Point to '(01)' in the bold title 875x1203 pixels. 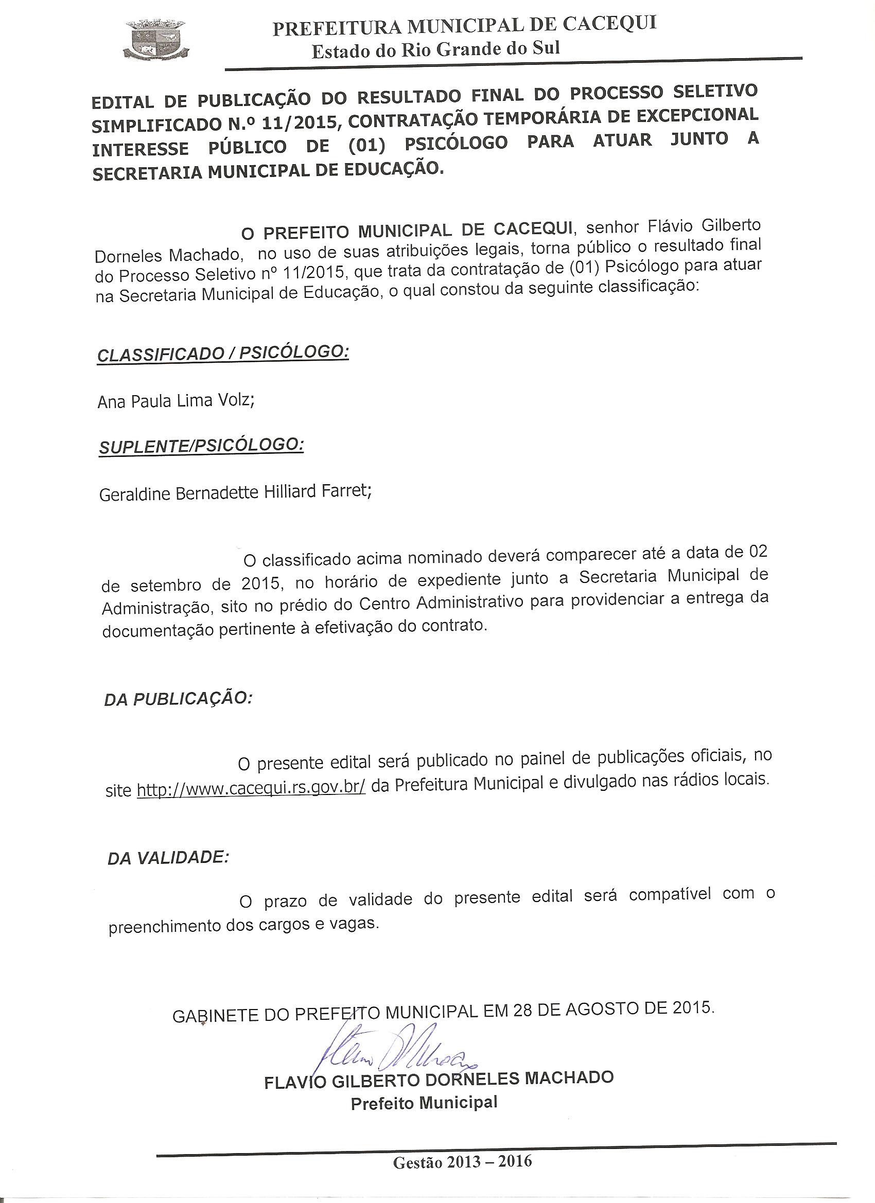coord(367,145)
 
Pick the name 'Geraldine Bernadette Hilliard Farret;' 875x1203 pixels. coord(235,492)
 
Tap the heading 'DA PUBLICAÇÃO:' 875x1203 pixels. coord(178,699)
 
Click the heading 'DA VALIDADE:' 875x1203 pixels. coord(168,858)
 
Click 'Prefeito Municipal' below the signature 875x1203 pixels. coord(424,1103)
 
